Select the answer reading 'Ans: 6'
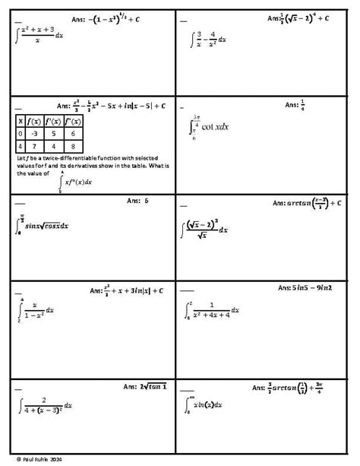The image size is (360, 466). tap(137, 202)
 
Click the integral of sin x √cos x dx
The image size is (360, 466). tap(43, 225)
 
